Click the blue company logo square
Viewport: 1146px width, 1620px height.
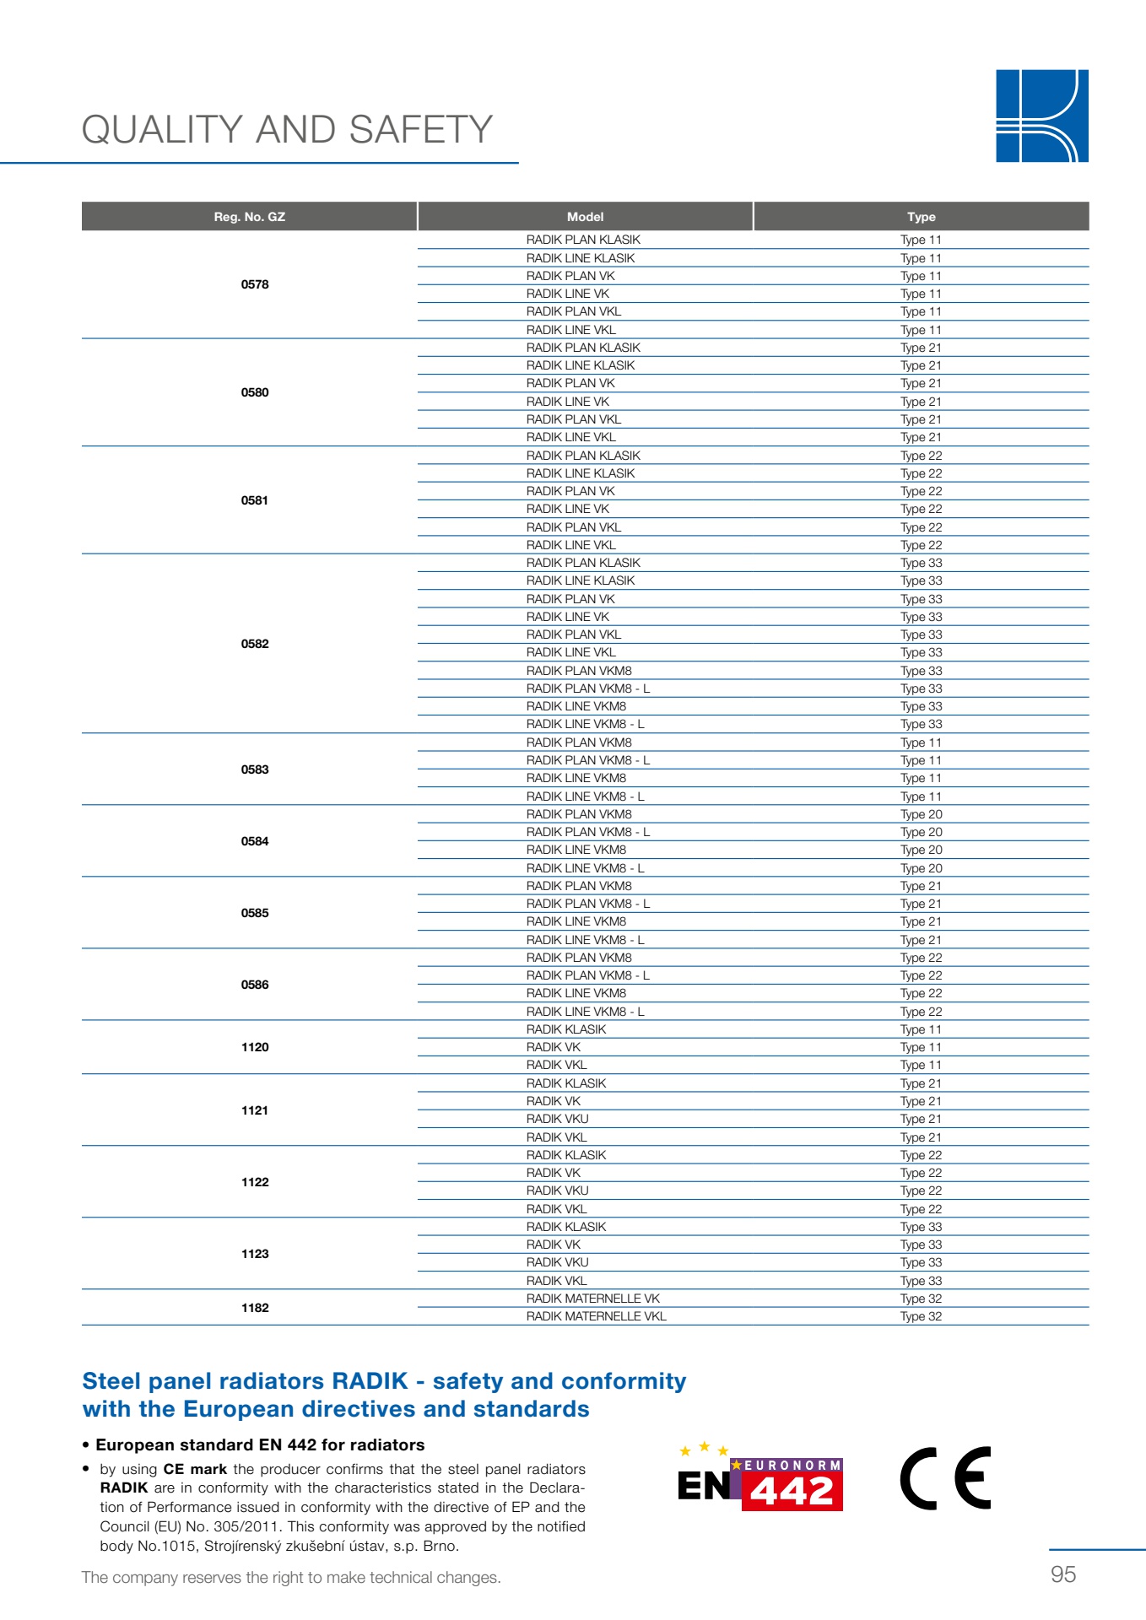coord(1041,116)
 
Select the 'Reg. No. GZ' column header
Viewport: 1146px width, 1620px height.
coord(250,217)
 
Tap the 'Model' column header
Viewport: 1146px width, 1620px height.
coord(585,217)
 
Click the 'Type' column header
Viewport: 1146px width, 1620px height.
coord(922,217)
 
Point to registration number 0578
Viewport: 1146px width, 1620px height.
coord(255,284)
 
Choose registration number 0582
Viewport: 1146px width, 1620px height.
coord(255,644)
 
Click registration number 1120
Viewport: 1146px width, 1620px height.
coord(255,1047)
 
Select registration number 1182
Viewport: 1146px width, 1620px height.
coord(255,1308)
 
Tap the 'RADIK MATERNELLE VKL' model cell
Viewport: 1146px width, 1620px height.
coord(596,1316)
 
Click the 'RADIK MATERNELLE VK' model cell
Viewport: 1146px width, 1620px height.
coord(592,1299)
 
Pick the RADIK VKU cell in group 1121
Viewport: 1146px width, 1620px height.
coord(557,1119)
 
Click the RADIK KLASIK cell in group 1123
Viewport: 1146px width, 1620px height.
coord(566,1227)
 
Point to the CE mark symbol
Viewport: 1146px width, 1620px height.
coord(946,1478)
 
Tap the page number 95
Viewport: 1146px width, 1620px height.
coord(1063,1574)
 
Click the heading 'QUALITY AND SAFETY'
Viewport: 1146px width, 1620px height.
coord(287,130)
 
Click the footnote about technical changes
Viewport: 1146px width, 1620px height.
coord(291,1578)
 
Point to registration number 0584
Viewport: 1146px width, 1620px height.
coord(255,841)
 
